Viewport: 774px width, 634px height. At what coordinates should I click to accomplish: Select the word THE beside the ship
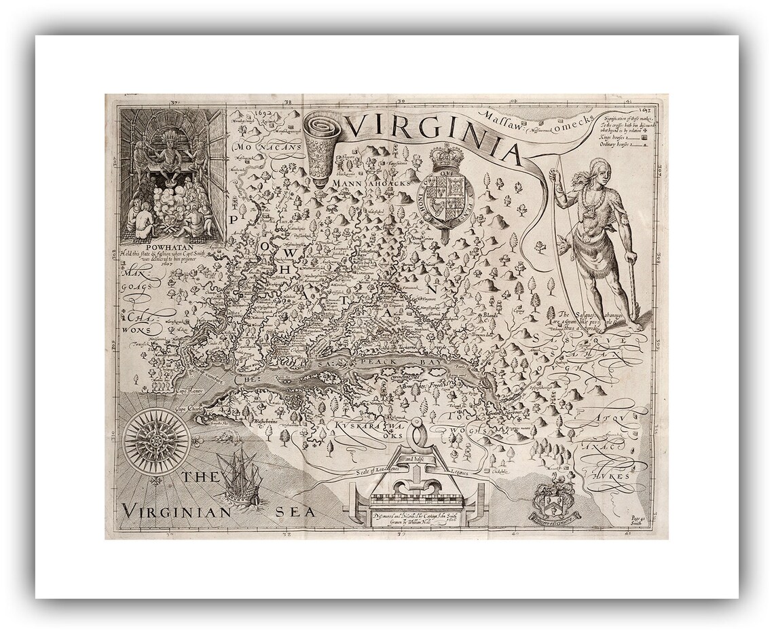tap(200, 477)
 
